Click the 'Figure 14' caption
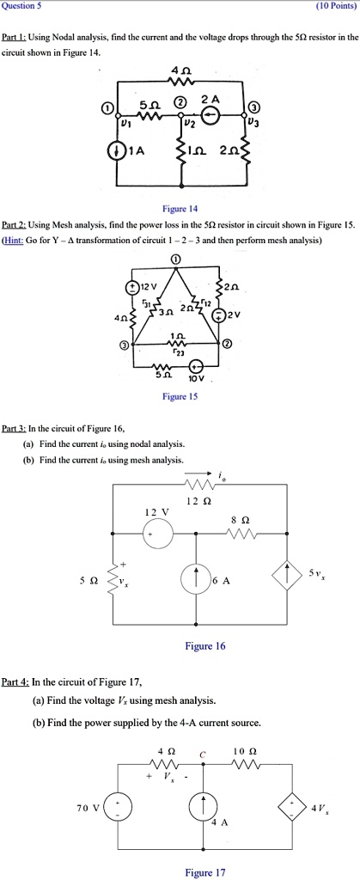pos(180,209)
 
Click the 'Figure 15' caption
pos(180,397)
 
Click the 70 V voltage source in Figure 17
pos(120,810)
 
